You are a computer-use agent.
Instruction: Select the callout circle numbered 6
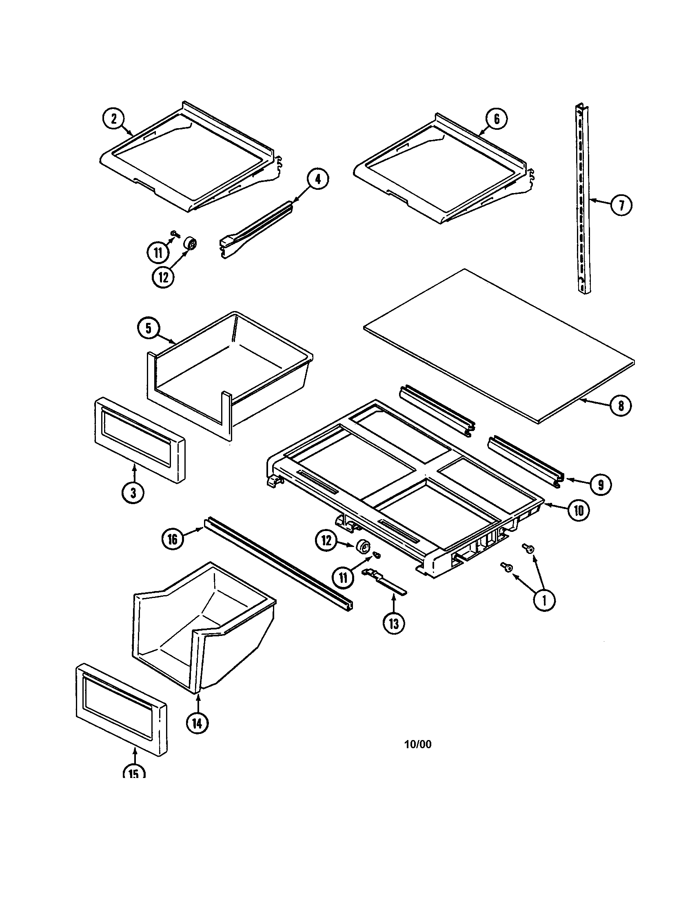coord(497,119)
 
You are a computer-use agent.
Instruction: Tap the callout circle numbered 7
coord(621,205)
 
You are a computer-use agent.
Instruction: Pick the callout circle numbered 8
coord(621,406)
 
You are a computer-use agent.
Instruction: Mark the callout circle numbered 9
coord(600,485)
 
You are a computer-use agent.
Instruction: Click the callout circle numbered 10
coord(579,511)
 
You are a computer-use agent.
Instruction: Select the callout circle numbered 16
coord(173,539)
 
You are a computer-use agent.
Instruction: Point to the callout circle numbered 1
coord(544,601)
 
